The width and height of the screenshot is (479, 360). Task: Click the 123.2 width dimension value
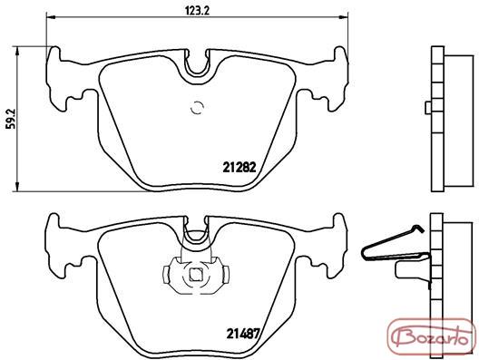tap(197, 10)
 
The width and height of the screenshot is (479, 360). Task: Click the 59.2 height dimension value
tap(10, 119)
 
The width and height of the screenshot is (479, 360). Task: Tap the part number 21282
tap(239, 167)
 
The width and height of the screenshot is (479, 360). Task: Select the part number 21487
tap(243, 333)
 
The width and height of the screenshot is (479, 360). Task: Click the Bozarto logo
tap(431, 337)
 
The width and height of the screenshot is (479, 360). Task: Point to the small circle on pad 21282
tap(197, 107)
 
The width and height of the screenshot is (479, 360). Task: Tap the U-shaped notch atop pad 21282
tap(197, 64)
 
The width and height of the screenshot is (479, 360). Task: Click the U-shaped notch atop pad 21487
tap(197, 231)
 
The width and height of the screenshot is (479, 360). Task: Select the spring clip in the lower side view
tap(394, 243)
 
